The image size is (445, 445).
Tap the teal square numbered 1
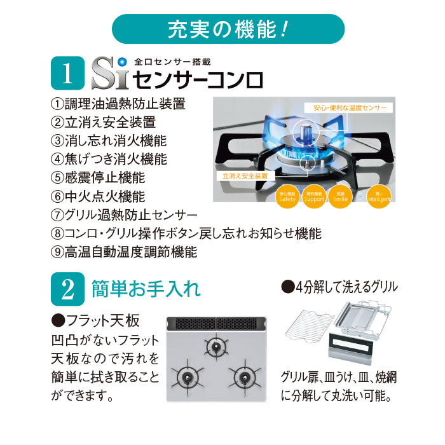point(67,75)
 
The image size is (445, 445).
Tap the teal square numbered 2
point(67,289)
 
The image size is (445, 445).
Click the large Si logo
point(109,74)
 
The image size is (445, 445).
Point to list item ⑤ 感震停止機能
point(98,177)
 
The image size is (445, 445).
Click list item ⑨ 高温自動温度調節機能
point(125,251)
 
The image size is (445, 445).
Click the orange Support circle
point(315,196)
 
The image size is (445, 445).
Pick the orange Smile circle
point(340,196)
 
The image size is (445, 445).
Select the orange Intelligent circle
point(380,196)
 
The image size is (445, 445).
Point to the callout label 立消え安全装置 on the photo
point(245,175)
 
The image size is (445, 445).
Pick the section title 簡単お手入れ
point(146,289)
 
